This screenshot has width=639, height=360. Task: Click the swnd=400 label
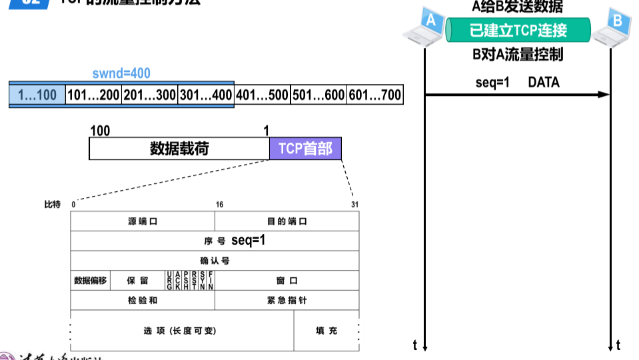(x=121, y=73)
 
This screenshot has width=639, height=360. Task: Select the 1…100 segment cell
(x=37, y=95)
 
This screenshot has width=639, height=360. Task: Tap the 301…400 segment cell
(x=206, y=95)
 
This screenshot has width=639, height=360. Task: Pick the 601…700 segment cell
(x=375, y=95)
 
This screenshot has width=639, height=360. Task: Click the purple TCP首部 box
(x=305, y=148)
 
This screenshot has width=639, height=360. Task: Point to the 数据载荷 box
(x=179, y=148)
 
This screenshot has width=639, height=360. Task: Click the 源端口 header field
(x=143, y=221)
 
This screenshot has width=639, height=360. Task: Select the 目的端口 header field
(x=287, y=221)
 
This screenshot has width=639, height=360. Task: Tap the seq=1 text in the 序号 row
(x=249, y=240)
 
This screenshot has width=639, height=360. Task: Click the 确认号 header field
(x=215, y=260)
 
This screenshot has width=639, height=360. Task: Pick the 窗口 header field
(x=287, y=281)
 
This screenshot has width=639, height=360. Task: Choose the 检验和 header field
(x=143, y=300)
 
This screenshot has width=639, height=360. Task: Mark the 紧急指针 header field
(x=287, y=300)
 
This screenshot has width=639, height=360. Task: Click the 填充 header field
(x=326, y=331)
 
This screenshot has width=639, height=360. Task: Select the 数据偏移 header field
(x=90, y=281)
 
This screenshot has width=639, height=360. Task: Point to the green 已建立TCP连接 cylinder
(x=518, y=30)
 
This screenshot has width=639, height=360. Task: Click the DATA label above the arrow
(x=544, y=83)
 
